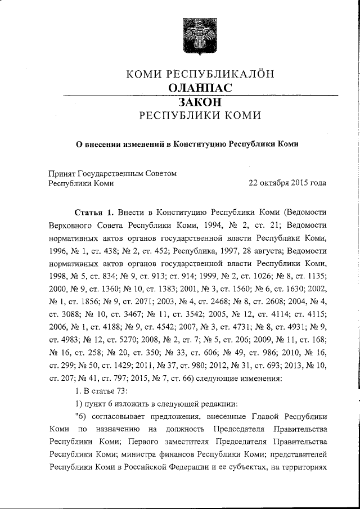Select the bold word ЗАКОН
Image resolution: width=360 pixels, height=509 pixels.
200,102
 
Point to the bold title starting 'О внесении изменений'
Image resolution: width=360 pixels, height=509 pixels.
187,143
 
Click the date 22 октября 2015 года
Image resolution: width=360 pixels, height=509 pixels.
287,183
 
